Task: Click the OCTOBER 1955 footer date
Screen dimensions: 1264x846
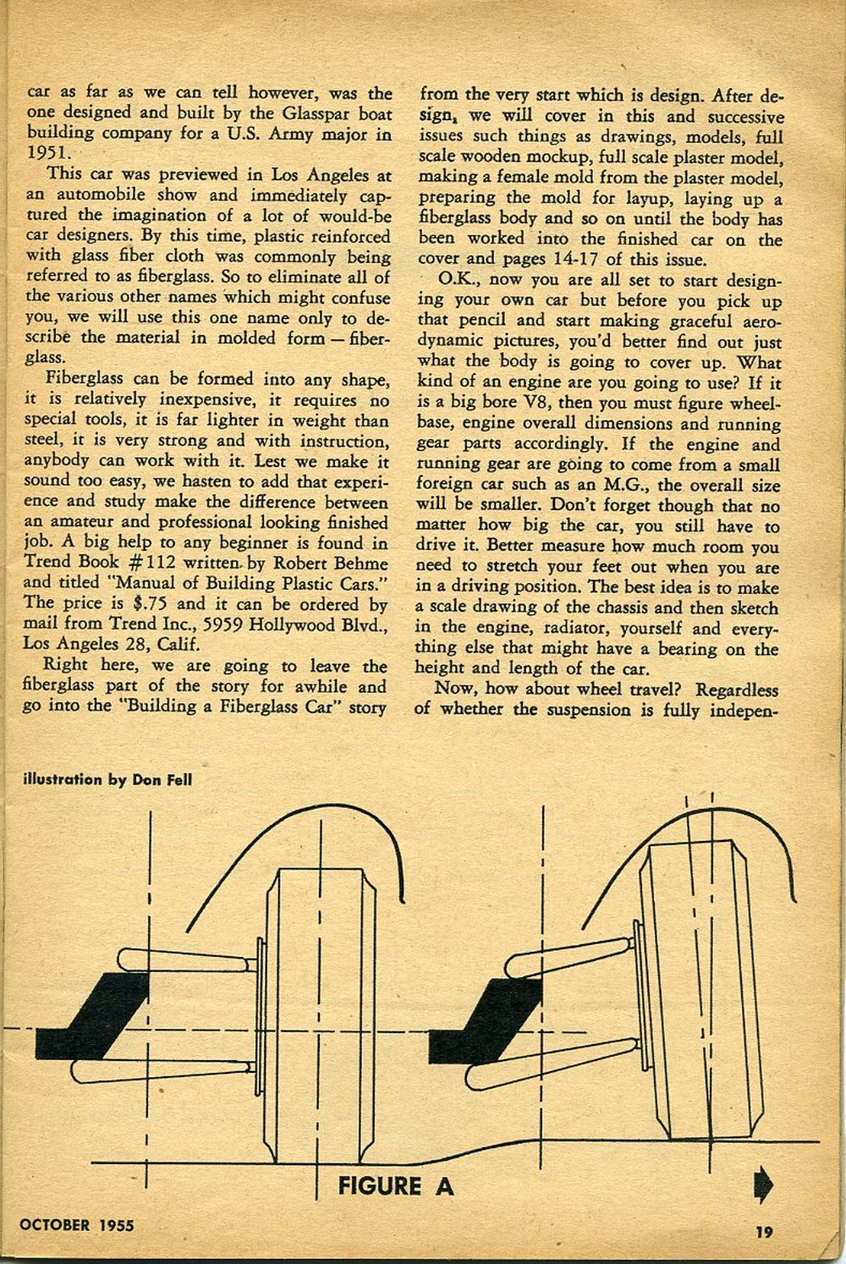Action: [78, 1223]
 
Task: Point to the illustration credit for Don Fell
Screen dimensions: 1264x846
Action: [106, 779]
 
